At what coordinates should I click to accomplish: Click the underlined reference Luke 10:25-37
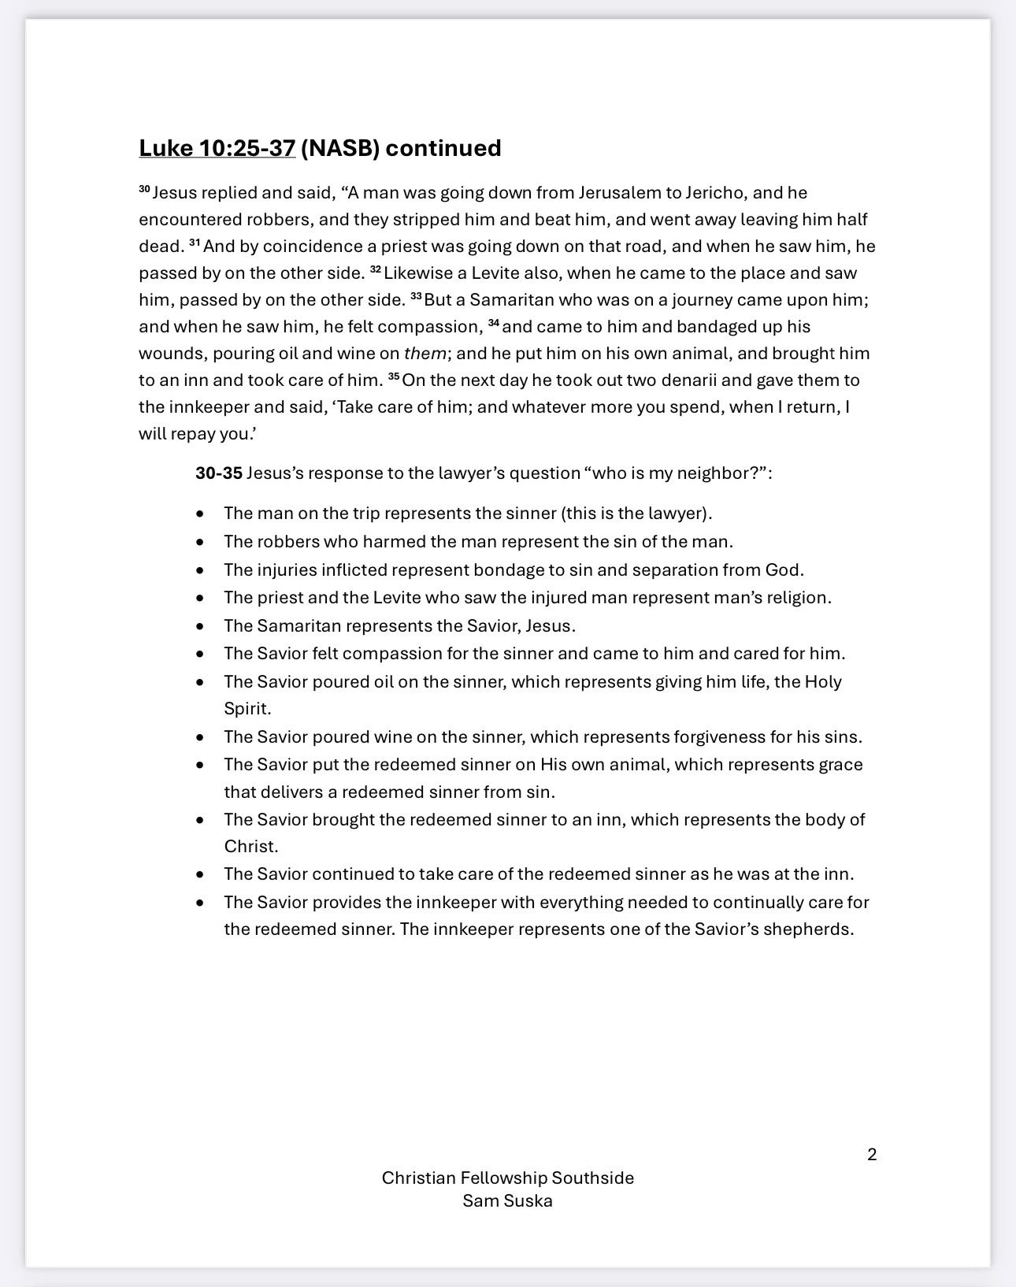(217, 148)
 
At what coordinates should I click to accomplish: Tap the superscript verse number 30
(144, 190)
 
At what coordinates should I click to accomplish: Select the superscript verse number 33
(416, 297)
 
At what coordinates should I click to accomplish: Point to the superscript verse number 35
(394, 377)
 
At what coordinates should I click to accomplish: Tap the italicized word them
(425, 354)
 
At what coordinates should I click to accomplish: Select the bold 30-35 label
(219, 473)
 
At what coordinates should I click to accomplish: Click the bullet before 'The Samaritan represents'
(201, 627)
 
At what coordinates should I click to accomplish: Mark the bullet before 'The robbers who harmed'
(201, 543)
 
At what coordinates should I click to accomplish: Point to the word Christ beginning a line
(250, 847)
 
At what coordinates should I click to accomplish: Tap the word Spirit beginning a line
(247, 709)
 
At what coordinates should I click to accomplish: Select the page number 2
(872, 1155)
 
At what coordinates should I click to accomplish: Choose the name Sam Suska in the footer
(507, 1201)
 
